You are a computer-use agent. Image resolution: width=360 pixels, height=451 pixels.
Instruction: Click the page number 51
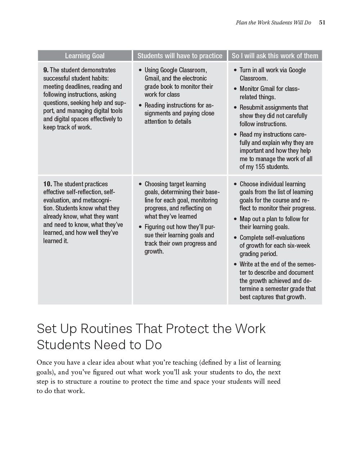pyautogui.click(x=322, y=22)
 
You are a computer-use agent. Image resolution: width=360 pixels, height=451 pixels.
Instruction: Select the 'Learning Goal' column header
pyautogui.click(x=85, y=56)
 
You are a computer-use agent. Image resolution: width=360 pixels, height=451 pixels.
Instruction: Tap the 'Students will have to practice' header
pyautogui.click(x=180, y=56)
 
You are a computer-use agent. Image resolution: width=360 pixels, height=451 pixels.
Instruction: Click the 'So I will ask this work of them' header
pyautogui.click(x=275, y=56)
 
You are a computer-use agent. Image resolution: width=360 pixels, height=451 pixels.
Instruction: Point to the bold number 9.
pyautogui.click(x=46, y=70)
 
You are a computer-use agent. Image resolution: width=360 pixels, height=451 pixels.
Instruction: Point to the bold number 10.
pyautogui.click(x=47, y=184)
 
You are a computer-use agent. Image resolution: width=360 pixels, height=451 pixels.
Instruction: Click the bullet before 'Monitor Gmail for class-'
pyautogui.click(x=235, y=89)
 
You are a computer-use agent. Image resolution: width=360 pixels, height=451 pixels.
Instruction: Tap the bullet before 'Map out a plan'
pyautogui.click(x=235, y=219)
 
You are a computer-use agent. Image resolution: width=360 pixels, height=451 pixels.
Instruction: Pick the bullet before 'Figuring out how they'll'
pyautogui.click(x=140, y=227)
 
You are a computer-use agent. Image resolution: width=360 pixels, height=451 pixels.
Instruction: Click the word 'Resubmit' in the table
pyautogui.click(x=252, y=108)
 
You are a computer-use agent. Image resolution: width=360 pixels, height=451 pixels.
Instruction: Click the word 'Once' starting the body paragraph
pyautogui.click(x=45, y=363)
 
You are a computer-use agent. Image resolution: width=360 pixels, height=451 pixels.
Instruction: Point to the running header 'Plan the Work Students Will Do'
pyautogui.click(x=273, y=22)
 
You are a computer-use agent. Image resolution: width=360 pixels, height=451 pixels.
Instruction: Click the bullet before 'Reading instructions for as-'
pyautogui.click(x=140, y=105)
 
